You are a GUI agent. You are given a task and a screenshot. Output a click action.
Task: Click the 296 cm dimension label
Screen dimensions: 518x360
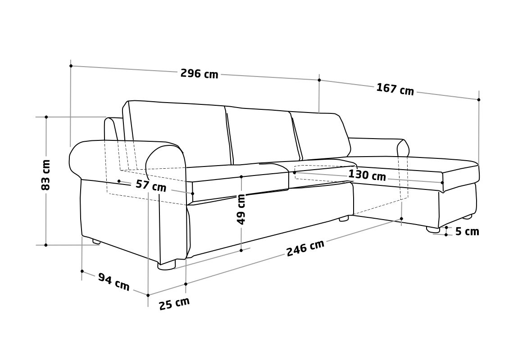pyautogui.click(x=199, y=73)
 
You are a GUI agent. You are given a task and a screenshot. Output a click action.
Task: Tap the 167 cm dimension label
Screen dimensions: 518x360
pyautogui.click(x=395, y=89)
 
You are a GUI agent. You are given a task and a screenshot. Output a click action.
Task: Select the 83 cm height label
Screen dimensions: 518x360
pyautogui.click(x=45, y=175)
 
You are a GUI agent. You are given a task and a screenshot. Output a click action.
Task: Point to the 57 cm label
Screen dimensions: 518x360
pyautogui.click(x=151, y=186)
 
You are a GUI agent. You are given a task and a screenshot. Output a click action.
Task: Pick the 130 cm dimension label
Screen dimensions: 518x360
pyautogui.click(x=367, y=175)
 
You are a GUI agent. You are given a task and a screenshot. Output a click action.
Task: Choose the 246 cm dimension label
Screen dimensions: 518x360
pyautogui.click(x=305, y=248)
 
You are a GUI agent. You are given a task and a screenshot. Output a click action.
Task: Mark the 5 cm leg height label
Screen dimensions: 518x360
pyautogui.click(x=467, y=232)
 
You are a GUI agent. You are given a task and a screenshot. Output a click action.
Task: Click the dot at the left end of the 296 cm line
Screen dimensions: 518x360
pyautogui.click(x=71, y=66)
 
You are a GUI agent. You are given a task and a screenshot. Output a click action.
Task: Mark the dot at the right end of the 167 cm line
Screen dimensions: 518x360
pyautogui.click(x=479, y=99)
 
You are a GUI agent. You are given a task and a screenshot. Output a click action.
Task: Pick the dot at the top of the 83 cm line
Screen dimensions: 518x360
pyautogui.click(x=46, y=117)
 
